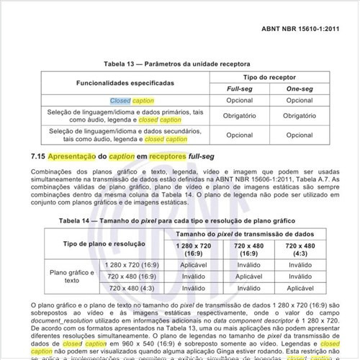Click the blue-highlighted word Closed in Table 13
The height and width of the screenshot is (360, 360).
[120, 101]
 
